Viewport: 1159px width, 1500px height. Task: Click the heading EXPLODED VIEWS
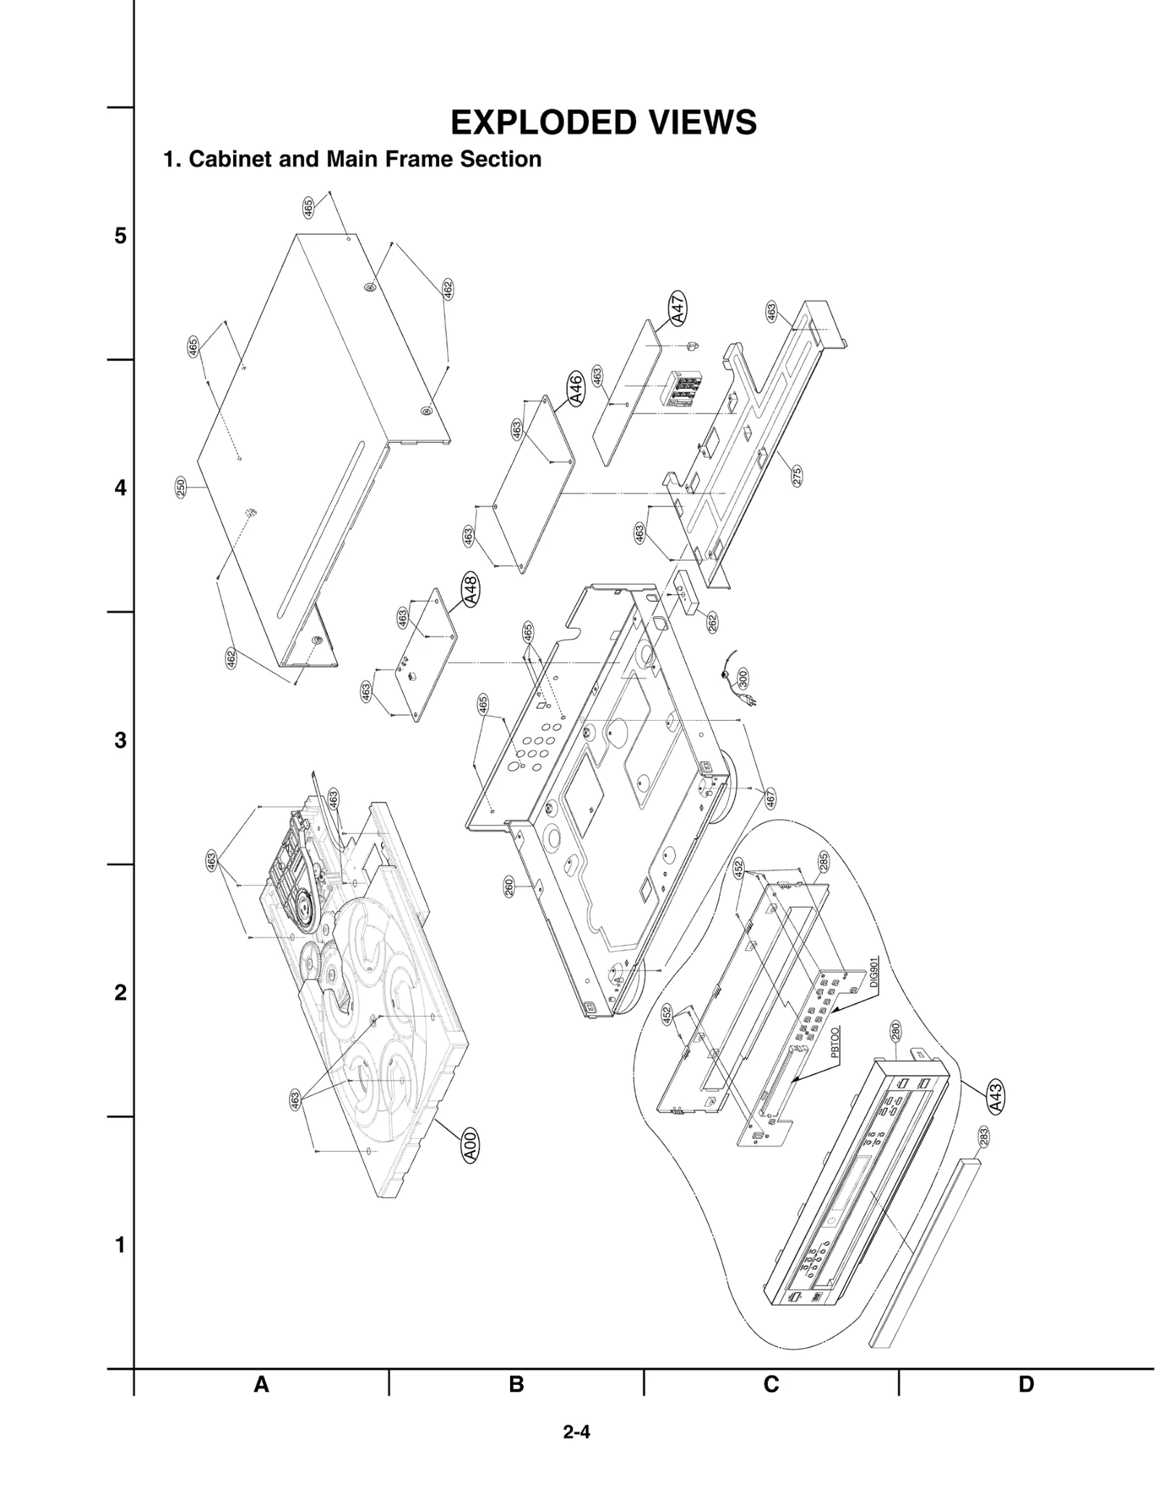point(603,122)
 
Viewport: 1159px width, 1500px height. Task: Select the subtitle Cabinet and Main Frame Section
point(353,159)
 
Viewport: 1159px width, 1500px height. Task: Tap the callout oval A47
point(677,309)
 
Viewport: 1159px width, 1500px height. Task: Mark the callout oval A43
point(996,1097)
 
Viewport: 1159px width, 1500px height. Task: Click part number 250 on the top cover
point(181,487)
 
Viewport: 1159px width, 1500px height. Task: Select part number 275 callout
point(796,476)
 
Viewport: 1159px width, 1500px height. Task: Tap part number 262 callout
point(712,622)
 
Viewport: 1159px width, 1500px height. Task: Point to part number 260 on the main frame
point(509,887)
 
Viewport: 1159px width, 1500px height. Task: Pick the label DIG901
point(874,973)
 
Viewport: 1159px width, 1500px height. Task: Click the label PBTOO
point(834,1043)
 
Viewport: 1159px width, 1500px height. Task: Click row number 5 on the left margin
point(120,236)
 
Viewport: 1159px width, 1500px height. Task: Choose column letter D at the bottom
point(1026,1384)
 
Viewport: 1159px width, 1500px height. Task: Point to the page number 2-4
point(577,1432)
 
